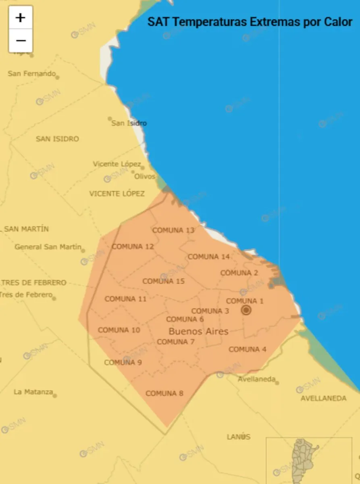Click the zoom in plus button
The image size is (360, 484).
click(21, 18)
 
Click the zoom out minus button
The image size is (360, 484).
click(21, 41)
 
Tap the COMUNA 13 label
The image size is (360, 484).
click(173, 230)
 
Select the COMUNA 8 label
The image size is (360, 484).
click(164, 393)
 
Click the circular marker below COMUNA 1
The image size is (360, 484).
click(246, 310)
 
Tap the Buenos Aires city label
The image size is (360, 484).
click(198, 332)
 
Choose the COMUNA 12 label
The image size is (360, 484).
click(133, 246)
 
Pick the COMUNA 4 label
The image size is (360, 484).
click(248, 349)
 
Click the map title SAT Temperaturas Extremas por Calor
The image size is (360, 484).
click(250, 21)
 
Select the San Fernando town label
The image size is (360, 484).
click(31, 73)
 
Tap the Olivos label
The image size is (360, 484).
click(145, 176)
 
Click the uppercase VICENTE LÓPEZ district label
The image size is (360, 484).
click(117, 194)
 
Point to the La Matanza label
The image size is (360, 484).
click(33, 392)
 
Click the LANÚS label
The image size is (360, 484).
click(238, 437)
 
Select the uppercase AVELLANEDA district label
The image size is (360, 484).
click(323, 398)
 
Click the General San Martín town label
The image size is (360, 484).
click(48, 247)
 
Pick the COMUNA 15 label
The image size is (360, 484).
click(164, 281)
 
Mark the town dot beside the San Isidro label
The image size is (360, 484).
click(110, 119)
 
